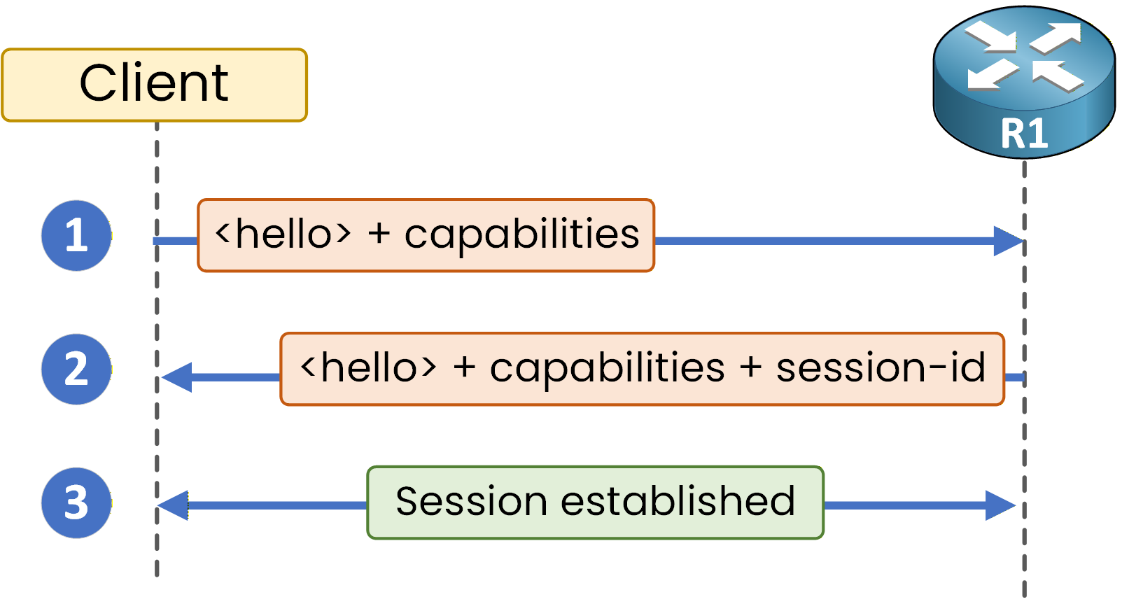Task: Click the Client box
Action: [x=154, y=85]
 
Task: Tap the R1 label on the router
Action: [x=1024, y=134]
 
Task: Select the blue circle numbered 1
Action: [x=76, y=235]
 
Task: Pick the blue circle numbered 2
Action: [x=76, y=369]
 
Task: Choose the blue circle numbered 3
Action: [x=76, y=503]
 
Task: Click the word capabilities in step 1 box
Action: [x=521, y=235]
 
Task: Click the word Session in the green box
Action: [x=470, y=501]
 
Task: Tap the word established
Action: [x=678, y=501]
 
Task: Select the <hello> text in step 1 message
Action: [x=283, y=234]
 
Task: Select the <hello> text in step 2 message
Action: [x=368, y=368]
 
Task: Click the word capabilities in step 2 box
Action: [x=607, y=369]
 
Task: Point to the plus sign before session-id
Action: [x=750, y=367]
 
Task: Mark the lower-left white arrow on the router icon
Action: [x=992, y=74]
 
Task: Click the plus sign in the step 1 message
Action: [x=379, y=234]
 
